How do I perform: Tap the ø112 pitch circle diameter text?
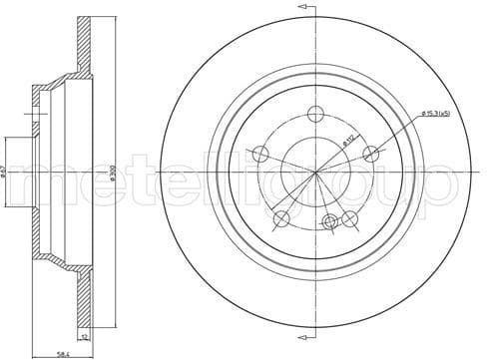[351, 142]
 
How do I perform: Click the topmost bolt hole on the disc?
[316, 114]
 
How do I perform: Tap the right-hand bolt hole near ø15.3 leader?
[371, 154]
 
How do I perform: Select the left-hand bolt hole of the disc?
[260, 154]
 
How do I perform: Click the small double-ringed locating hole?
[330, 221]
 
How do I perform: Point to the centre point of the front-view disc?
[316, 173]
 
